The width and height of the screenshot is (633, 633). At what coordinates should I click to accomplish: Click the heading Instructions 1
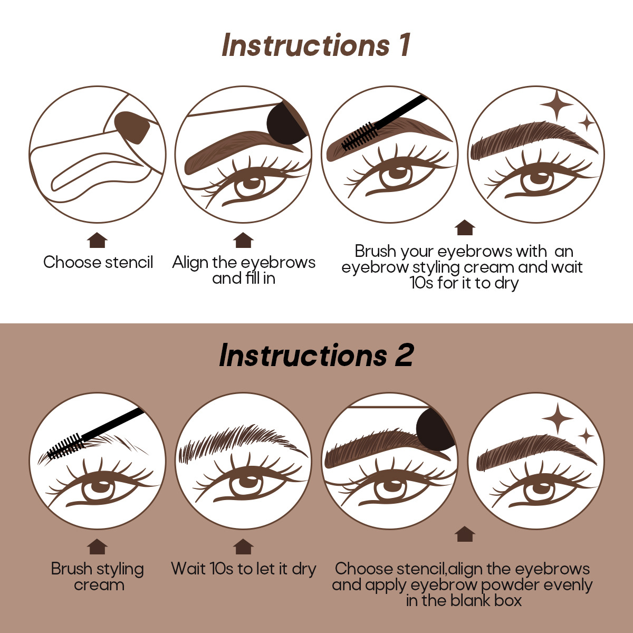tap(316, 45)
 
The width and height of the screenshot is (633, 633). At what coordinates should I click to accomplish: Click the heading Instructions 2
tap(316, 355)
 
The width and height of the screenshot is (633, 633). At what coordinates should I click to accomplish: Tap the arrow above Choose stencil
tap(97, 240)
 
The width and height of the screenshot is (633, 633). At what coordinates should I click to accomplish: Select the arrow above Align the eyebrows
tap(243, 240)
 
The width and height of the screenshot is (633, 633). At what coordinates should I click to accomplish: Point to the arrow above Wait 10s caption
tap(243, 546)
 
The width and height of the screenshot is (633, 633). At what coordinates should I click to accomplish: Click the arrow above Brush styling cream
tap(97, 546)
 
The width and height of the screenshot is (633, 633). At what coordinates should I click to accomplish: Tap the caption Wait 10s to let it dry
tap(243, 569)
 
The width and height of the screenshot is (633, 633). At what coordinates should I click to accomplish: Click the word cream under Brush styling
tap(99, 585)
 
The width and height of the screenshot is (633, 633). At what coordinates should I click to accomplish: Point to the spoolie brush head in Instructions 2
tap(66, 446)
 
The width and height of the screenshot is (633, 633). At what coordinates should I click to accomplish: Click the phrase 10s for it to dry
tap(464, 283)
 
